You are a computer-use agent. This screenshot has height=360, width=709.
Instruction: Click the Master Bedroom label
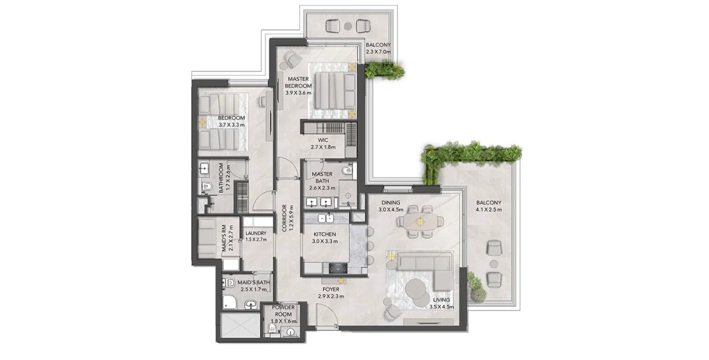[298, 83]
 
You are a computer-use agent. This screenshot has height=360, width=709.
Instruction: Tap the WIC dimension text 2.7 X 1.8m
[323, 147]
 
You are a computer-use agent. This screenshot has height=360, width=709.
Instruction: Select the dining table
[420, 222]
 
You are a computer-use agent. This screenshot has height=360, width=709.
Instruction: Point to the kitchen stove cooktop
[338, 268]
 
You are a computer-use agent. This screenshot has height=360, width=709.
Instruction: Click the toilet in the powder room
[273, 328]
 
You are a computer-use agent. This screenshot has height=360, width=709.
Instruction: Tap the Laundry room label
[256, 233]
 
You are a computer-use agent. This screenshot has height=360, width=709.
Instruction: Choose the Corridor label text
[284, 218]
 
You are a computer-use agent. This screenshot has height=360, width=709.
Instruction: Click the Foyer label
[331, 290]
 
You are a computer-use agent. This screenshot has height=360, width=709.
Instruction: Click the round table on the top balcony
[348, 26]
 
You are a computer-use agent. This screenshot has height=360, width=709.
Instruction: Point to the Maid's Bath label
[254, 282]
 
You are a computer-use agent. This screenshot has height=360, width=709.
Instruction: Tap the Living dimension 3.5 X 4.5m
[441, 307]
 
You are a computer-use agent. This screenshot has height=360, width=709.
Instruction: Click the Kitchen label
[325, 234]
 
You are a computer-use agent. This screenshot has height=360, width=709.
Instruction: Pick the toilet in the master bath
[347, 170]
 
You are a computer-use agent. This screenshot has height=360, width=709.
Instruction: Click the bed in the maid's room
[207, 239]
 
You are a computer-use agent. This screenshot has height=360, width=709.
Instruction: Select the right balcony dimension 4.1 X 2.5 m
[489, 210]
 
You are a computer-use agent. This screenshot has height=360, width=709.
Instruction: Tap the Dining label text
[391, 203]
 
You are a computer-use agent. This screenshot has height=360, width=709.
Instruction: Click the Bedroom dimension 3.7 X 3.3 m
[232, 125]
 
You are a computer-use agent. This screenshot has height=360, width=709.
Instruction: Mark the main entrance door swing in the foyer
[327, 316]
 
